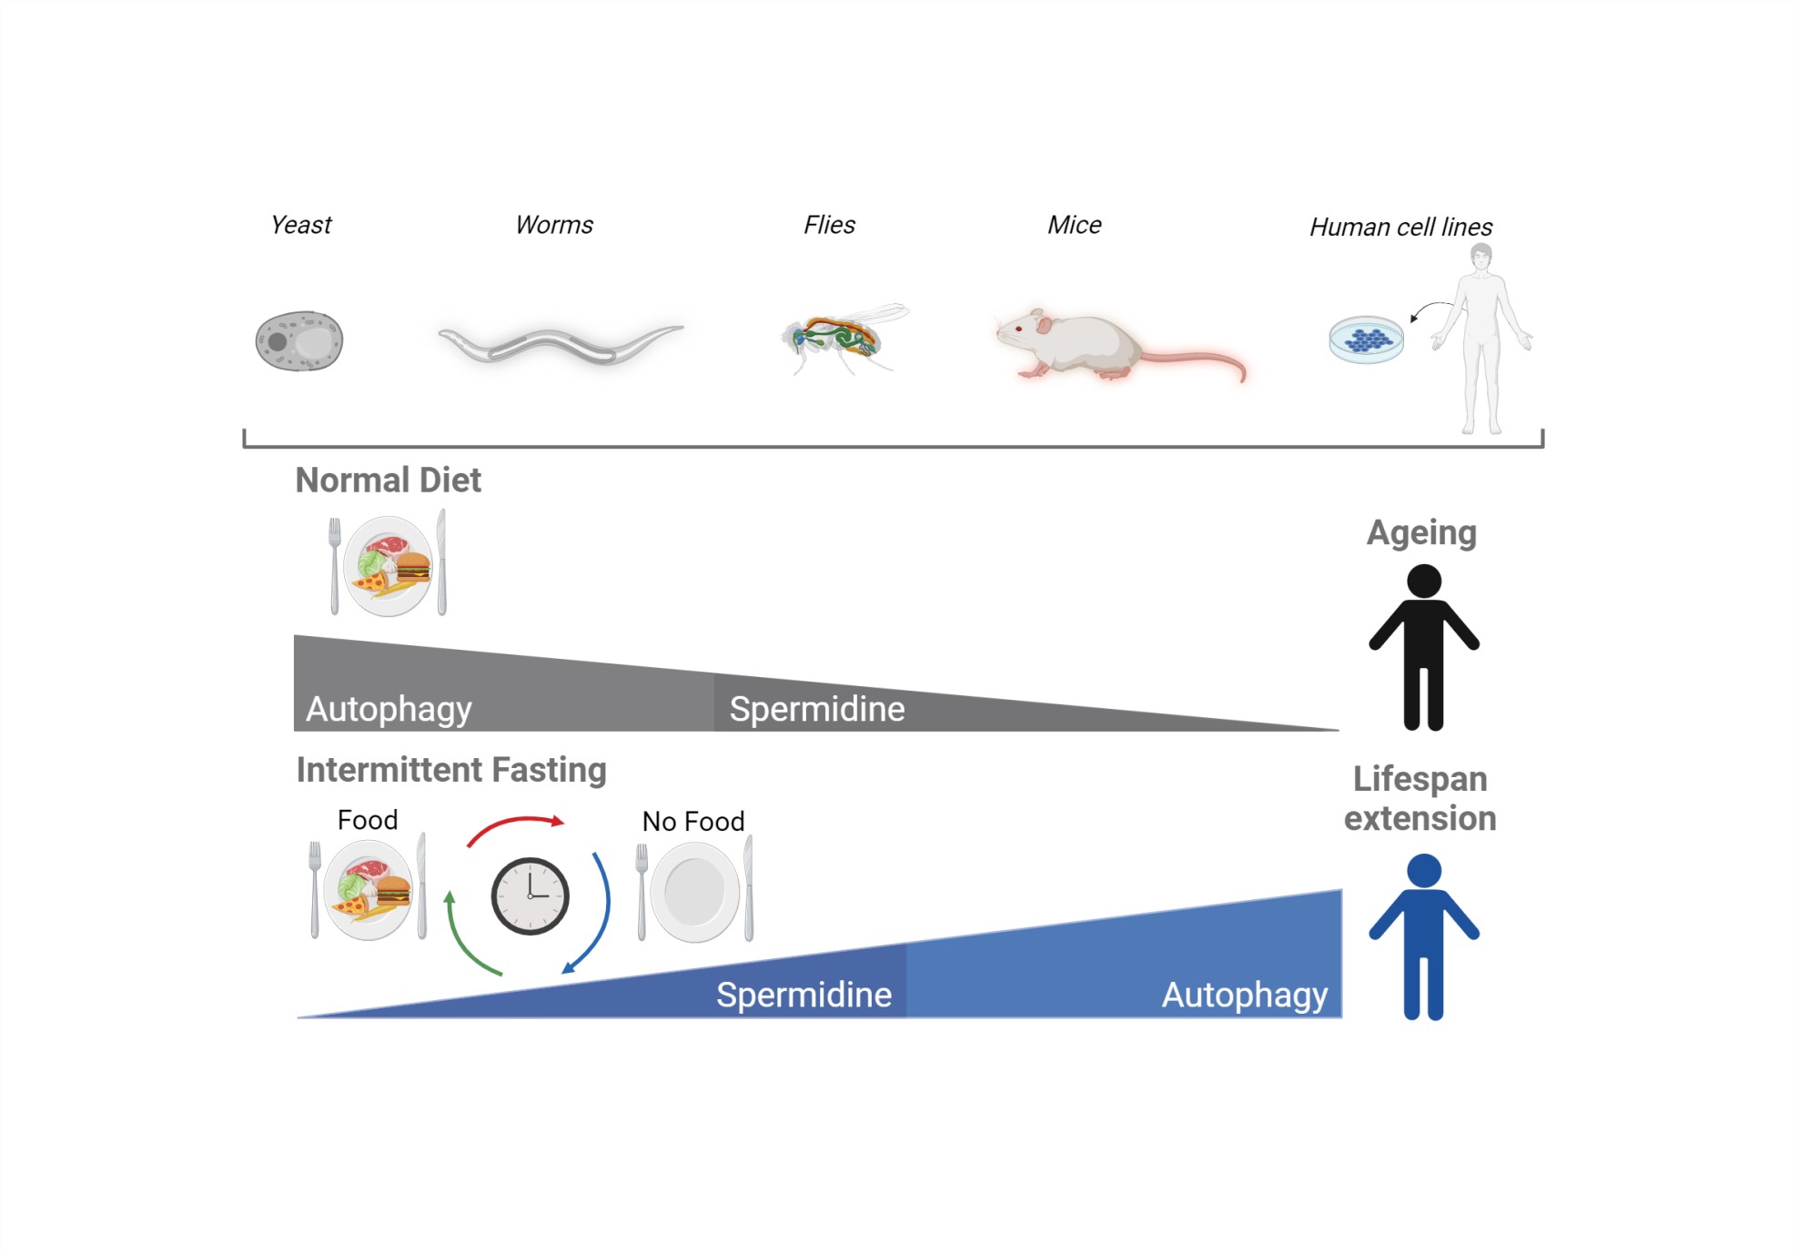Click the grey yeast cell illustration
click(298, 341)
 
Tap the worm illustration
click(560, 345)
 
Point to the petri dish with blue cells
click(1366, 339)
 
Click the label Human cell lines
click(1400, 227)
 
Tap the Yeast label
click(301, 225)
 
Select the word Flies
click(829, 225)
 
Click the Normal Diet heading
click(389, 480)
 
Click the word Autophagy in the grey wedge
click(389, 709)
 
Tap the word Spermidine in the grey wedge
click(817, 709)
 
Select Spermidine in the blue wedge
click(803, 995)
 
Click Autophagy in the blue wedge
click(1244, 995)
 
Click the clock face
click(530, 896)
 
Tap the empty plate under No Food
click(694, 892)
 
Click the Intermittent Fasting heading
click(451, 770)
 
